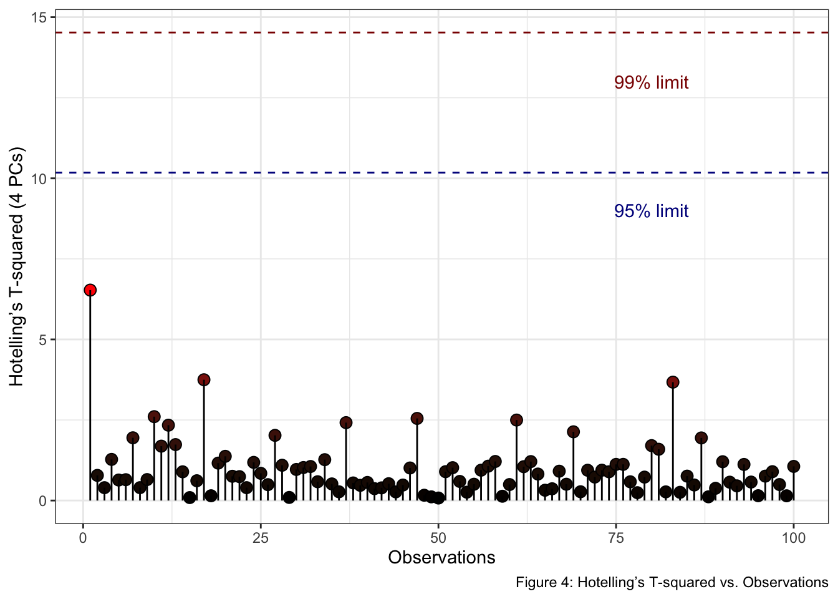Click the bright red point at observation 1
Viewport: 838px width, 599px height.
[x=90, y=290]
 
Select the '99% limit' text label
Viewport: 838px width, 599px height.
[x=651, y=83]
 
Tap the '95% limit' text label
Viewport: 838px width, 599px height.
[x=651, y=212]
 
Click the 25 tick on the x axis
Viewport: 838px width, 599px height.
[x=261, y=538]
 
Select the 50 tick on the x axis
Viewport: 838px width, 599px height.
[x=438, y=538]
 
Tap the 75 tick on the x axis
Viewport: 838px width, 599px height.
[x=616, y=538]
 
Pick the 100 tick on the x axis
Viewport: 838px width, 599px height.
[x=793, y=538]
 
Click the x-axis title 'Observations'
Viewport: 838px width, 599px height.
[x=441, y=557]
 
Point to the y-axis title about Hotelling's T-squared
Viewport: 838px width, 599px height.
[x=17, y=266]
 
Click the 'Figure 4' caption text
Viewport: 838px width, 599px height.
[x=672, y=583]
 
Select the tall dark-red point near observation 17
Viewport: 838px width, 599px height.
[x=204, y=380]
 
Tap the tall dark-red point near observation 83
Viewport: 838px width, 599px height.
[x=673, y=382]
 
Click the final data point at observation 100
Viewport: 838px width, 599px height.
[x=793, y=466]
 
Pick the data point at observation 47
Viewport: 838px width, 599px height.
[x=417, y=418]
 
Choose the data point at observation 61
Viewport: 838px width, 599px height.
[x=516, y=420]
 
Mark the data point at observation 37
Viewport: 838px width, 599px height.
[x=346, y=422]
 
